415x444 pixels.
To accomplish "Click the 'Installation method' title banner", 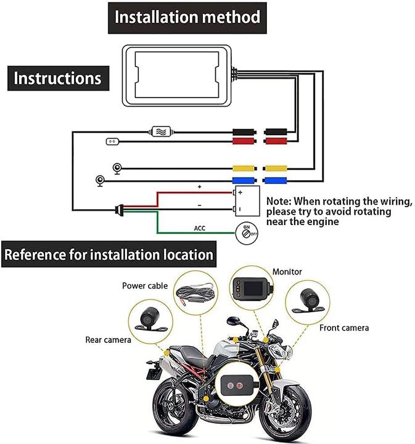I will [187, 17].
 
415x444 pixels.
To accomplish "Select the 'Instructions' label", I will [57, 78].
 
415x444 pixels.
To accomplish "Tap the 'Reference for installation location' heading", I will [109, 254].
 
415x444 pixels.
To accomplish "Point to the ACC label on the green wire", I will [200, 228].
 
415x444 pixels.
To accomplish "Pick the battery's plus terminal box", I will [239, 192].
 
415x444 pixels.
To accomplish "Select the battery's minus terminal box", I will [239, 209].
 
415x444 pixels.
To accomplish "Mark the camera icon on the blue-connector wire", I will [99, 181].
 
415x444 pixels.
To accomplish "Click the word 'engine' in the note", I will [321, 221].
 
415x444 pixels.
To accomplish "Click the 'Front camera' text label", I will [343, 327].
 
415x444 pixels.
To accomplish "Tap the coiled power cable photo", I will [195, 294].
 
